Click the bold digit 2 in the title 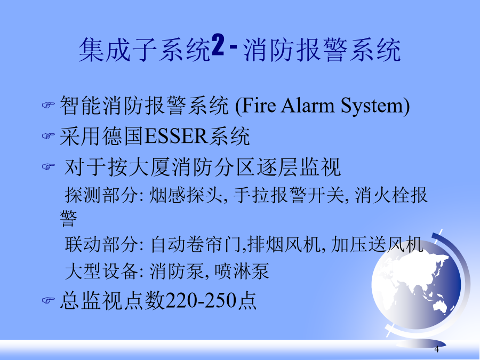218,45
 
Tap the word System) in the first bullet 375,107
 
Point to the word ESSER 175,136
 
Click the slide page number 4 436,349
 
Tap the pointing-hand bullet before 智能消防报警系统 48,105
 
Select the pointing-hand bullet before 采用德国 48,135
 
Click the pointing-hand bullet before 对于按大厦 48,166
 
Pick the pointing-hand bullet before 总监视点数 48,300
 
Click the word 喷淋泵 242,271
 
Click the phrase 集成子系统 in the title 145,50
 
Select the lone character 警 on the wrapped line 68,218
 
